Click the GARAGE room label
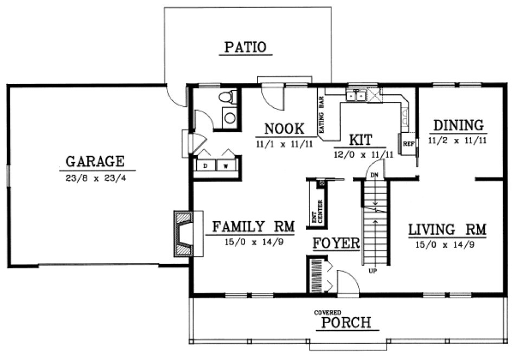[95, 161]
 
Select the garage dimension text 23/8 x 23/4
[95, 176]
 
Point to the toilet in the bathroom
[227, 98]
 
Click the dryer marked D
[206, 166]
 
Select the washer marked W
[226, 166]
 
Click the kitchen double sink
[356, 97]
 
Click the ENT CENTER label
[317, 212]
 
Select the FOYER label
[336, 243]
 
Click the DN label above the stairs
[374, 175]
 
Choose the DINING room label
[458, 125]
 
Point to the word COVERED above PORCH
[328, 313]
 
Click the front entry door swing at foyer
[347, 282]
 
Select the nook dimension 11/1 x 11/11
[283, 144]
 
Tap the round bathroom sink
[230, 118]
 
